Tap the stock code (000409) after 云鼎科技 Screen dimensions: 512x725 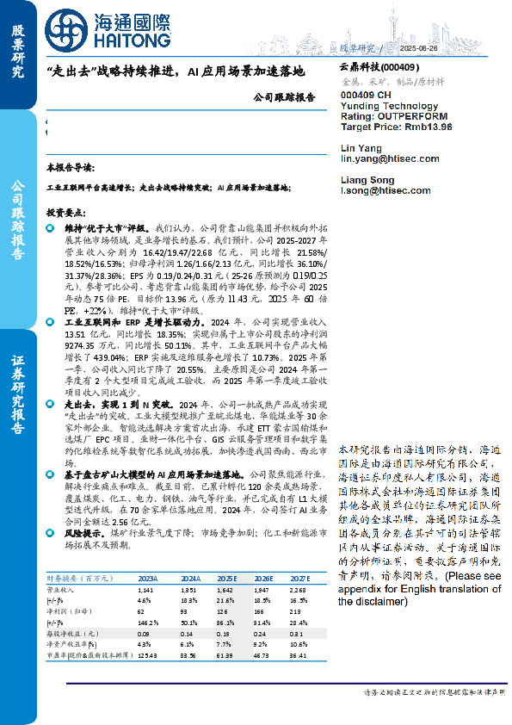[398, 67]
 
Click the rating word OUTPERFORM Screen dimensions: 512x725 [412, 115]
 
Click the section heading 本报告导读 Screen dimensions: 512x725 [70, 168]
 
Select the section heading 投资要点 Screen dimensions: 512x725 [65, 211]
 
